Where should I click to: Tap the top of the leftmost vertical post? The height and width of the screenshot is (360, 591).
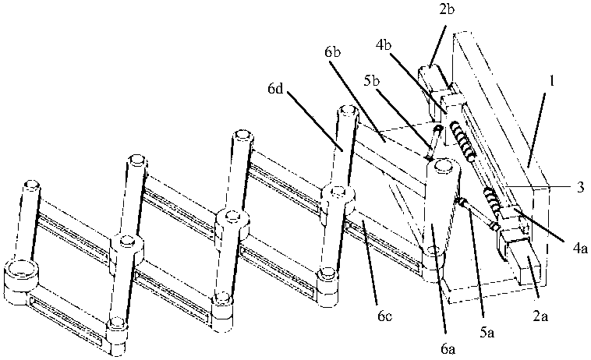pyautogui.click(x=32, y=186)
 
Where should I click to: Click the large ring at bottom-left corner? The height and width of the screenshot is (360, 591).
pyautogui.click(x=20, y=273)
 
